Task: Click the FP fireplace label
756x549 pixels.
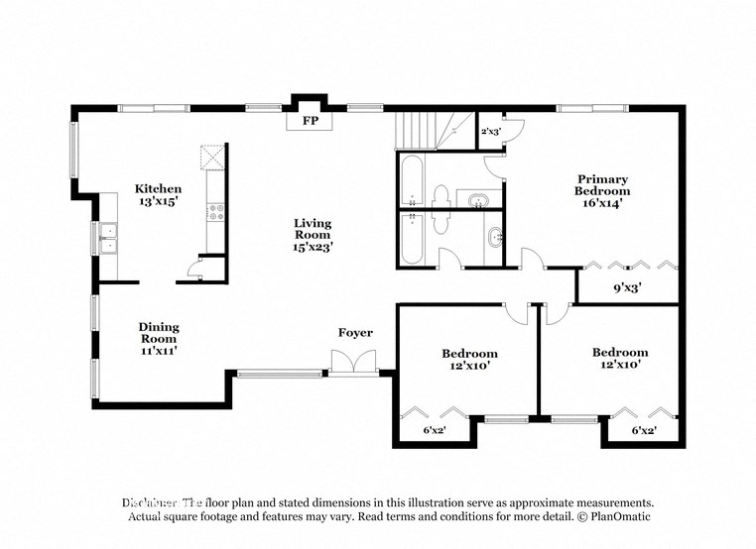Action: coord(310,122)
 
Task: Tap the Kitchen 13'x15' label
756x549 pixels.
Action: coord(159,194)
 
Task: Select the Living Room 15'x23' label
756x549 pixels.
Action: coord(312,235)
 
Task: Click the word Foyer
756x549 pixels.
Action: coord(355,333)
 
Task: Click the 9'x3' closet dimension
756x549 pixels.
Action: coord(627,288)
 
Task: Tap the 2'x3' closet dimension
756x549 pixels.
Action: coord(490,131)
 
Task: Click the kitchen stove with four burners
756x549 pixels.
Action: coord(214,212)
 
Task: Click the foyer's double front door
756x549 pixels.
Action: coord(354,365)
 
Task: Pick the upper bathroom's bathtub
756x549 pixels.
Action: coord(414,180)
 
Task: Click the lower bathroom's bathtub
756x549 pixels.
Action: coord(414,239)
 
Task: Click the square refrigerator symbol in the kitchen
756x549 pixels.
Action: coord(212,159)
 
